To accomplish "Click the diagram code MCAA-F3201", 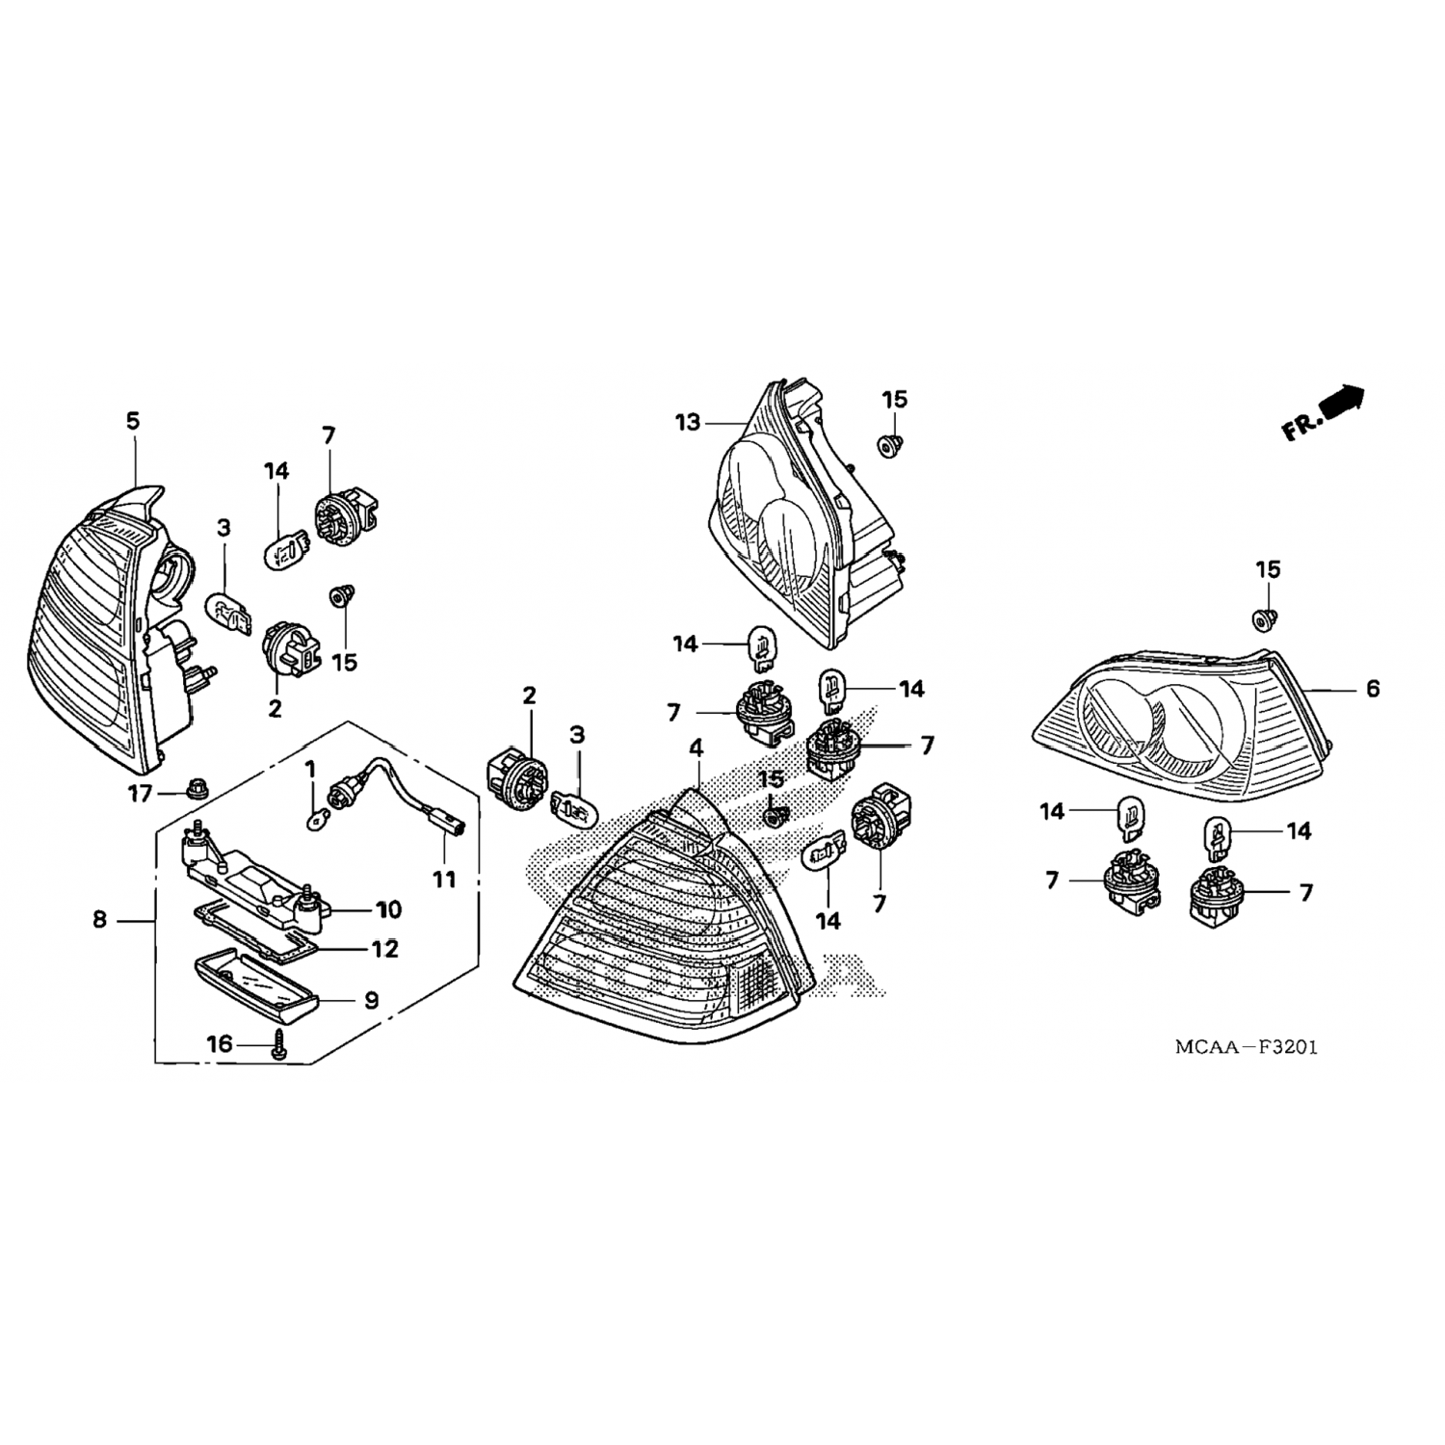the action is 1246,1046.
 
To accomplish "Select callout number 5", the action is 133,420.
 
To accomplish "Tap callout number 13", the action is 689,422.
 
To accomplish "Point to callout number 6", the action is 1373,688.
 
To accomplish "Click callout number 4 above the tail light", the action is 696,748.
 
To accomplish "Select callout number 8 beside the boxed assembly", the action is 100,920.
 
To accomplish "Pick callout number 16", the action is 220,1043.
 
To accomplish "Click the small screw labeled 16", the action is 278,1044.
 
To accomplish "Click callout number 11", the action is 444,879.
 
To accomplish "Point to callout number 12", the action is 384,949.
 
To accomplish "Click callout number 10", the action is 388,909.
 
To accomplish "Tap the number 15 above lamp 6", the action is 1269,569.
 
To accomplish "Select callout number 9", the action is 371,1000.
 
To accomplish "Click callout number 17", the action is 141,795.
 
